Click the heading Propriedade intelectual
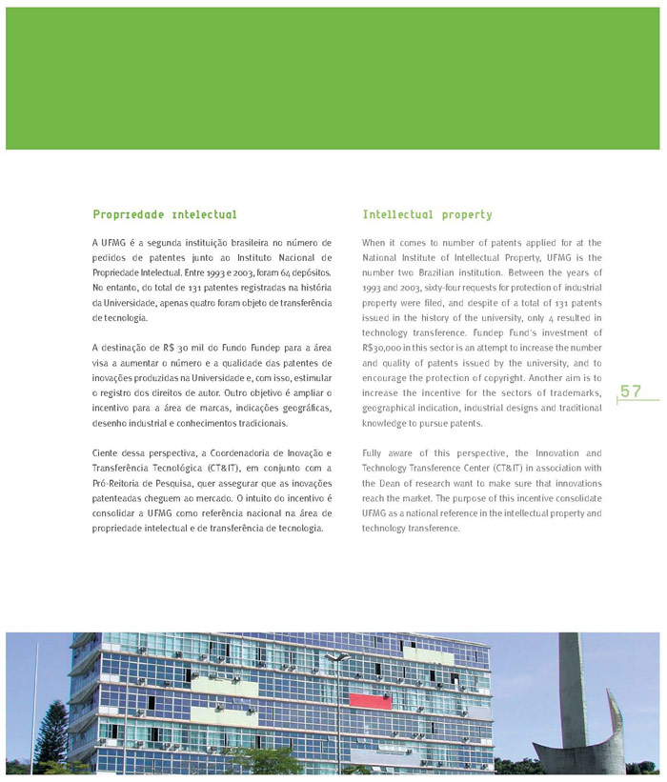(165, 215)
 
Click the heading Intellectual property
(427, 215)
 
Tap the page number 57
(631, 391)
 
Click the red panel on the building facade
(371, 701)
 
